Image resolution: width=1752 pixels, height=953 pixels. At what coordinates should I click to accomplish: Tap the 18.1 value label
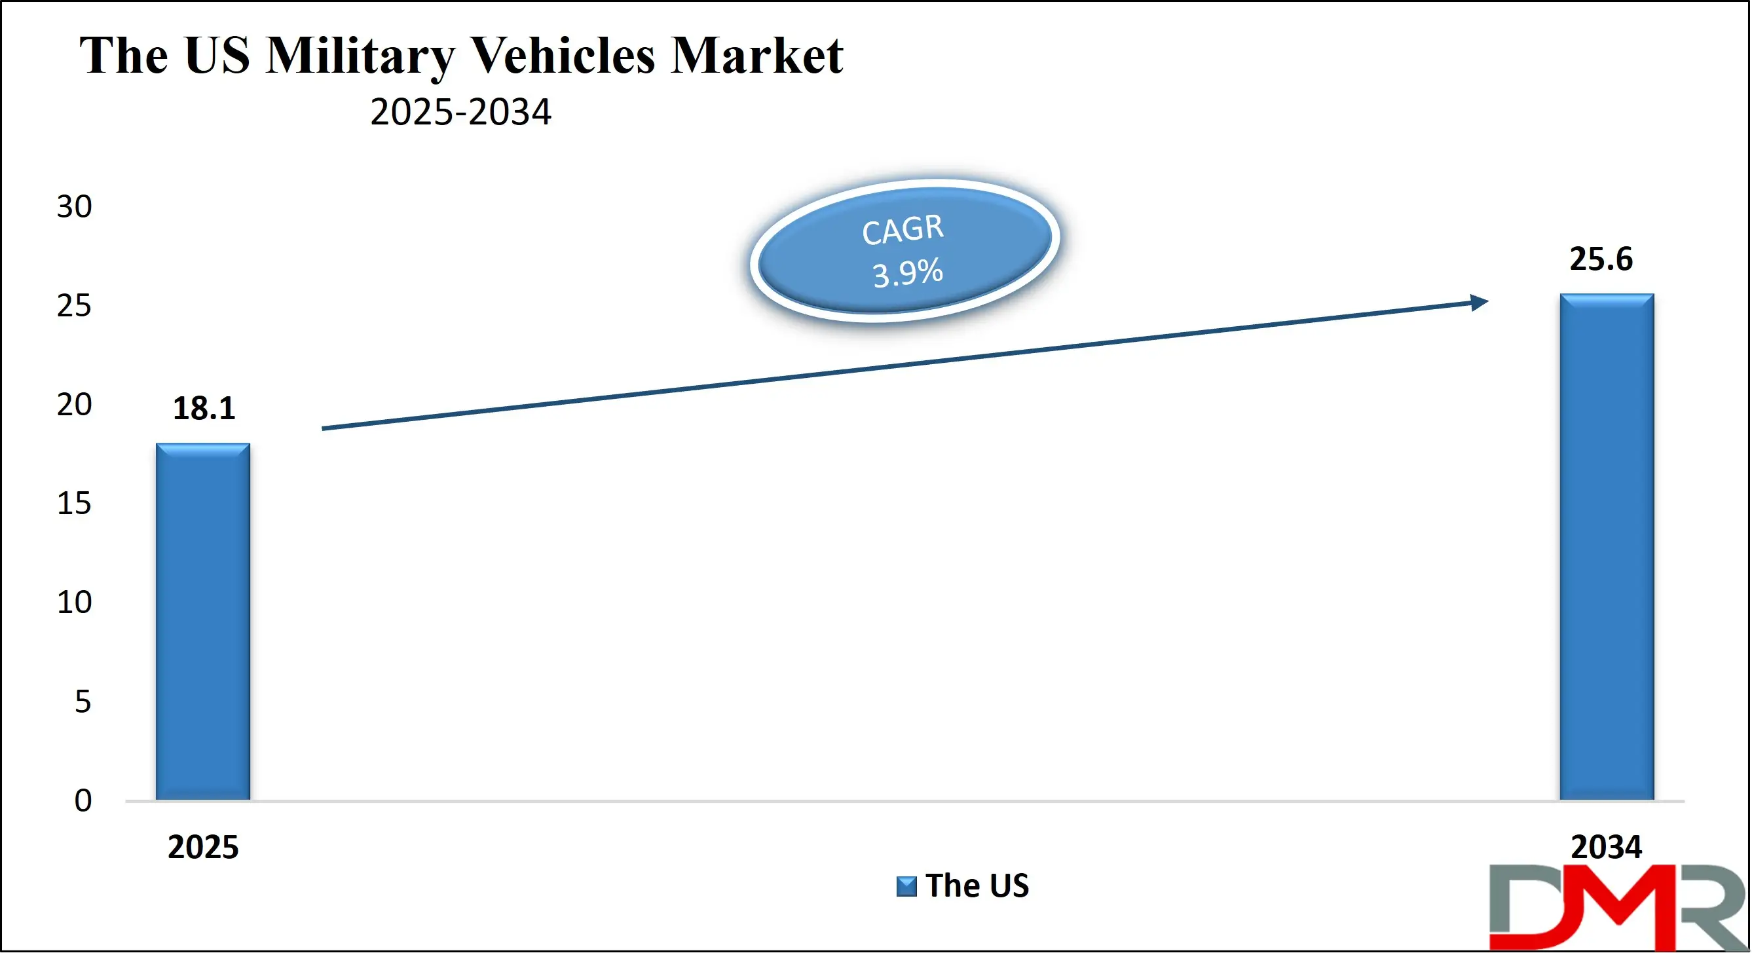click(x=204, y=408)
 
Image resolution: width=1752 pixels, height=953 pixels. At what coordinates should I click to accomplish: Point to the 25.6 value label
click(x=1600, y=259)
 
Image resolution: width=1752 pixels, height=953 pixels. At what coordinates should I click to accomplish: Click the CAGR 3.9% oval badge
click(x=904, y=250)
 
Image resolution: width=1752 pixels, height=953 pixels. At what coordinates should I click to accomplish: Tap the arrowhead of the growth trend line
click(x=1479, y=302)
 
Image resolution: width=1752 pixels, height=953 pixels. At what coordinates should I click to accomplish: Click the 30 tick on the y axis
click(x=73, y=207)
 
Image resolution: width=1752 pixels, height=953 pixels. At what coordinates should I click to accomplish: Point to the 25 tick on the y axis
click(x=73, y=306)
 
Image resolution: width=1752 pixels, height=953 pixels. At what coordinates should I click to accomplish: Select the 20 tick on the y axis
click(x=73, y=405)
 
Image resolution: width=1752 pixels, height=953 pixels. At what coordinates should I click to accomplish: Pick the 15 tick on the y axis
click(x=73, y=504)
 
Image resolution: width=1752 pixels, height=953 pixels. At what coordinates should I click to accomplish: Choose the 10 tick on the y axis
click(x=73, y=603)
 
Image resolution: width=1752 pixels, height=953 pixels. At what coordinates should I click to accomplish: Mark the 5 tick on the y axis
click(x=83, y=701)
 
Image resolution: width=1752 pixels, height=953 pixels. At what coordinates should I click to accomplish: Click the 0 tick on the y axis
click(x=83, y=800)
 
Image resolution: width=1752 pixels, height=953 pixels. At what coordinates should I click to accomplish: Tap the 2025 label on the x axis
click(x=202, y=848)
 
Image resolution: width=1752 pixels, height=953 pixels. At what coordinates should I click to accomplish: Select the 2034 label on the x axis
click(x=1606, y=848)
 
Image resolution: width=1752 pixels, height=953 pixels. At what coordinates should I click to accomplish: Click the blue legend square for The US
click(x=906, y=886)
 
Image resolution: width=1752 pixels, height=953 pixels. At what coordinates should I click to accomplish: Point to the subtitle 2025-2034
click(x=460, y=112)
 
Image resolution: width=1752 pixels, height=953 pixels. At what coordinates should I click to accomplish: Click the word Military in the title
click(x=360, y=56)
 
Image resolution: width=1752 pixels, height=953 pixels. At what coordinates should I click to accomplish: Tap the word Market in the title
click(x=756, y=56)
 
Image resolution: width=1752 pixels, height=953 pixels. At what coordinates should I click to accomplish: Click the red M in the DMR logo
click(x=1622, y=908)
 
